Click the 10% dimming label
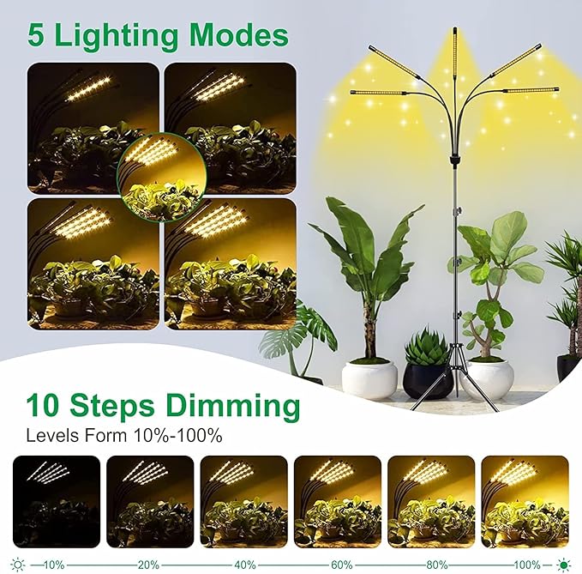pyautogui.click(x=53, y=565)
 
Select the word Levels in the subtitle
pyautogui.click(x=51, y=435)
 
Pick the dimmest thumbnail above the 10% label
pyautogui.click(x=55, y=500)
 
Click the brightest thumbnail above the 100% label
pyautogui.click(x=525, y=500)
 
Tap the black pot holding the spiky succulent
pyautogui.click(x=428, y=380)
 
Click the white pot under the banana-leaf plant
pyautogui.click(x=369, y=378)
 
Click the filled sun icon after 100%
pyautogui.click(x=564, y=565)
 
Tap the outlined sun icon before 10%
pyautogui.click(x=18, y=565)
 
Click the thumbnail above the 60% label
pyautogui.click(x=337, y=500)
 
